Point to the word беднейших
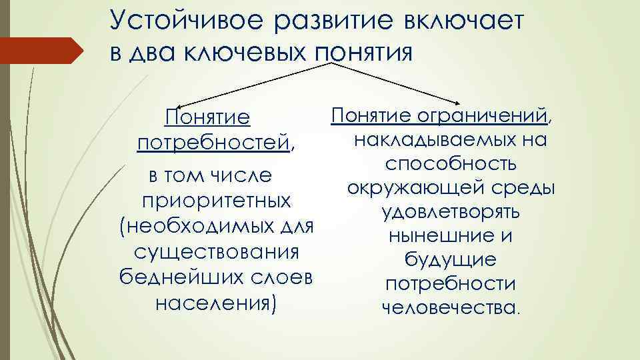(174, 278)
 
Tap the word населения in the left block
(213, 303)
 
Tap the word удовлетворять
(451, 213)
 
